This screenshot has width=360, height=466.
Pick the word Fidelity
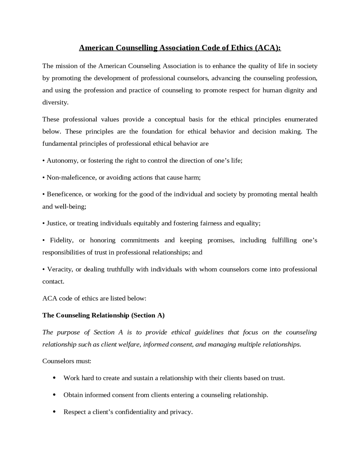tap(62, 240)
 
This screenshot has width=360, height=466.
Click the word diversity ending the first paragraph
tap(55, 102)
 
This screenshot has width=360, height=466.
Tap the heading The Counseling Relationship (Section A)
tap(103, 315)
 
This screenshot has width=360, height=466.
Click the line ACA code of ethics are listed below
tap(94, 298)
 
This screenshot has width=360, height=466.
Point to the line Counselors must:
tap(67, 361)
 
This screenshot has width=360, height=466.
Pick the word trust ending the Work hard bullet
tap(277, 378)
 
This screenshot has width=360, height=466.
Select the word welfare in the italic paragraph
tap(129, 344)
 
